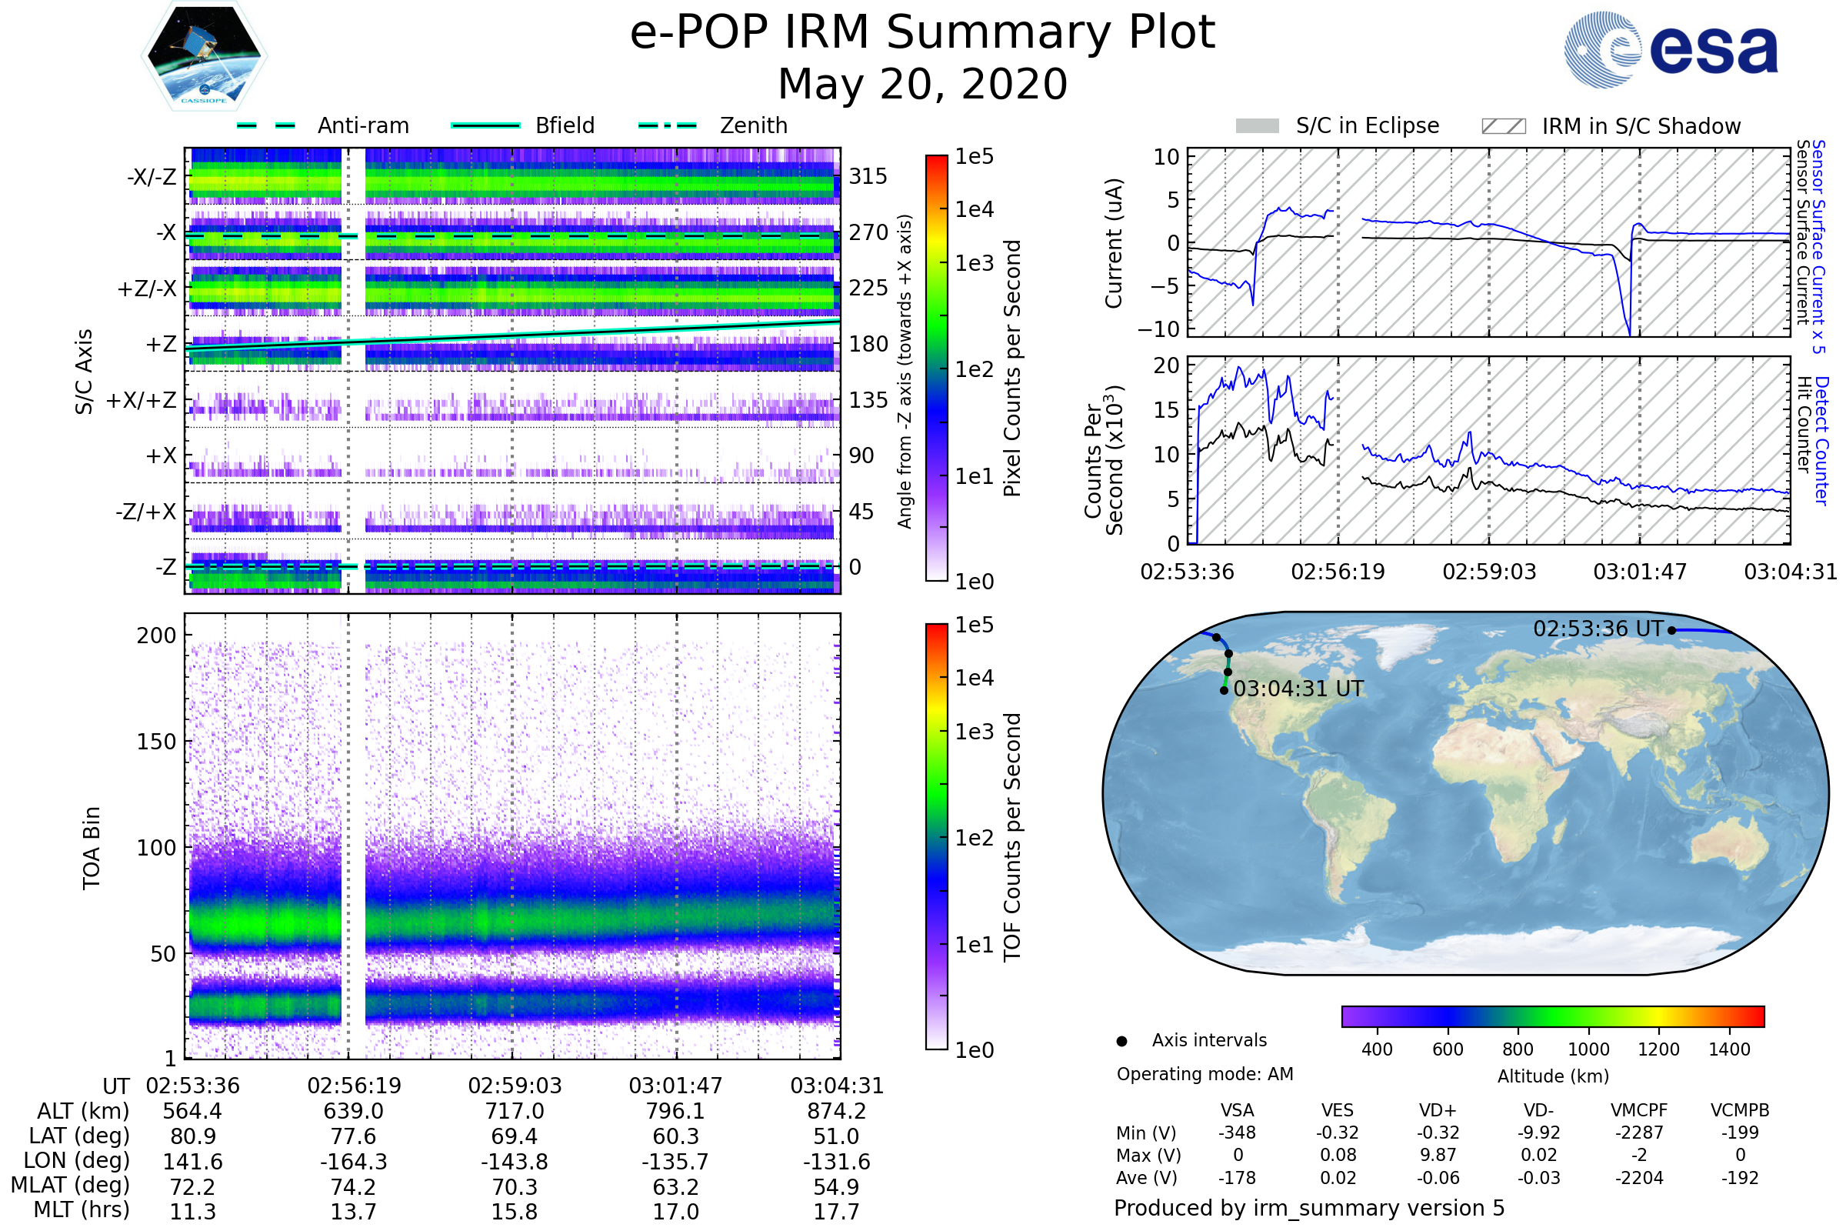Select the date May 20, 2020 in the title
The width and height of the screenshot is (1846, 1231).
click(922, 85)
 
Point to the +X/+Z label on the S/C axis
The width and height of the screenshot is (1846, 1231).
click(142, 400)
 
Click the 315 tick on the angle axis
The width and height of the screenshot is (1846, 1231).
click(868, 177)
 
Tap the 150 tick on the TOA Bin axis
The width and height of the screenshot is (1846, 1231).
click(156, 742)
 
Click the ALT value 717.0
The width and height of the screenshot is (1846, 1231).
click(514, 1112)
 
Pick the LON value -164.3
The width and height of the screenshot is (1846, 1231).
click(354, 1162)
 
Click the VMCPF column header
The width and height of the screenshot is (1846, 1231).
click(1639, 1111)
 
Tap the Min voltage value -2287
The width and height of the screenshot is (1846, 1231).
click(1639, 1133)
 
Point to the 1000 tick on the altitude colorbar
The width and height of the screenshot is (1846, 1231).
click(1588, 1049)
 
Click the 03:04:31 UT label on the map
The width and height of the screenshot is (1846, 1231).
click(1298, 689)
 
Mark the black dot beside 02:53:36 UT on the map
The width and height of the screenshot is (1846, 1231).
click(1671, 630)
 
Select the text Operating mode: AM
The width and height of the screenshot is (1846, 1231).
click(1205, 1074)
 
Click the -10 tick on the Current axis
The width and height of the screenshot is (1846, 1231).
click(1158, 329)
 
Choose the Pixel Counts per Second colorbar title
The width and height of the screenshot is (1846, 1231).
click(1012, 369)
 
